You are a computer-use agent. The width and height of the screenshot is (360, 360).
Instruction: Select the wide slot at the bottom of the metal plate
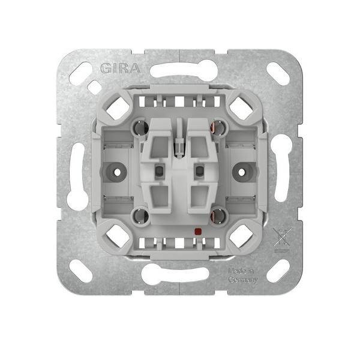coord(175,275)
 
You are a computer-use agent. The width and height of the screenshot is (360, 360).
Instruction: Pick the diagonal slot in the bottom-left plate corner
coord(80,271)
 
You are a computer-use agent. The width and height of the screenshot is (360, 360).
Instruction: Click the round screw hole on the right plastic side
coord(243,171)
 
